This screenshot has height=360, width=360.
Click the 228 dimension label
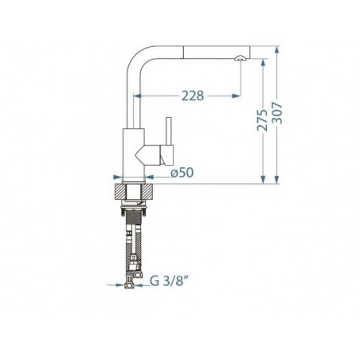tap(193, 96)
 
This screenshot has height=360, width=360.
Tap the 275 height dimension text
tap(263, 120)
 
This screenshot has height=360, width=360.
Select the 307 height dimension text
tap(278, 113)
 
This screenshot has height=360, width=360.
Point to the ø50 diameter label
tap(182, 173)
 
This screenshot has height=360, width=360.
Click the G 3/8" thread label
tap(170, 281)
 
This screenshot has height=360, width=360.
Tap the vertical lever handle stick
tap(168, 131)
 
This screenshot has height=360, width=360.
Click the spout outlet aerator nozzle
tap(239, 58)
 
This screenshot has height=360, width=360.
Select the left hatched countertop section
tap(119, 191)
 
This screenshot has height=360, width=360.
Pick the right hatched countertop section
tap(148, 191)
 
